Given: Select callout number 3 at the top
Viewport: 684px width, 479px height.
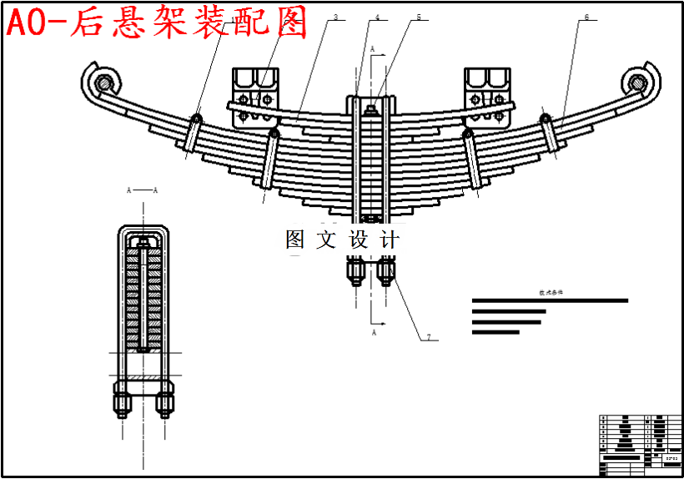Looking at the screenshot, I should point(334,18).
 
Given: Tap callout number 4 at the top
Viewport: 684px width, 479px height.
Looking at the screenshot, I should point(376,18).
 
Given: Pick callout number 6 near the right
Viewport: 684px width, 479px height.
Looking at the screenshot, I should point(586,18).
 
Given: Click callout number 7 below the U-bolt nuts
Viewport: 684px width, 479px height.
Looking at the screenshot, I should point(428,338).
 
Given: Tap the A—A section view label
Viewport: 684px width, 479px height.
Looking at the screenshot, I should point(142,190).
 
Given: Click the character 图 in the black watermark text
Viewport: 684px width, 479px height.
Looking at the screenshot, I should point(296,239).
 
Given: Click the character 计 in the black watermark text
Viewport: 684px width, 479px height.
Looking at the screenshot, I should point(390,239).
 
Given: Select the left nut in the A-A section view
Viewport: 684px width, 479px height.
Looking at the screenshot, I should point(123,399).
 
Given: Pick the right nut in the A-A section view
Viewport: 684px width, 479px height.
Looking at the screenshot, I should point(165,399).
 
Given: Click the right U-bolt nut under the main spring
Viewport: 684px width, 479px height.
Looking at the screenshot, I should point(386,270).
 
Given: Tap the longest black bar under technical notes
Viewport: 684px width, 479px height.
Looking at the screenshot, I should point(550,300).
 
